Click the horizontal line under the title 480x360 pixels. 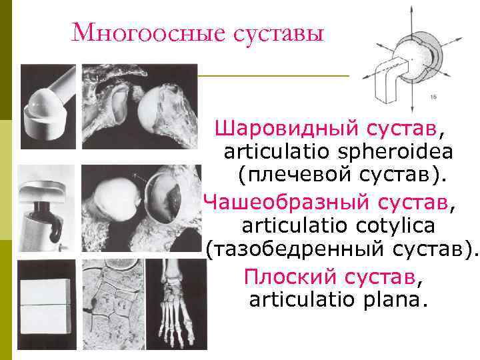pos(273,76)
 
